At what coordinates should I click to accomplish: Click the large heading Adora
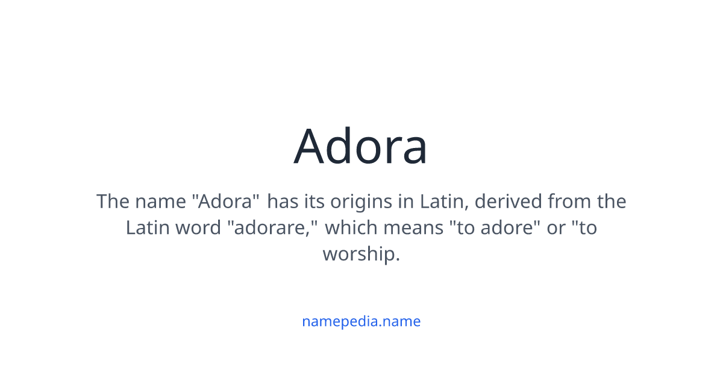[x=361, y=146]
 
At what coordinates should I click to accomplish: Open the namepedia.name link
[x=361, y=321]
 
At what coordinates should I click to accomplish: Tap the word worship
[x=360, y=254]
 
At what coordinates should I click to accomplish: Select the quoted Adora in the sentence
[x=225, y=201]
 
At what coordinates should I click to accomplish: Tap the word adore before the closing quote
[x=507, y=228]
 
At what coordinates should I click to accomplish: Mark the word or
[x=556, y=228]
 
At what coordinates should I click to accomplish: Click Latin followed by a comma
[x=445, y=201]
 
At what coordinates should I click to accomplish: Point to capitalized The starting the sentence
[x=113, y=201]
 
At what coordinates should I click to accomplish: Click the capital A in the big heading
[x=311, y=146]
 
